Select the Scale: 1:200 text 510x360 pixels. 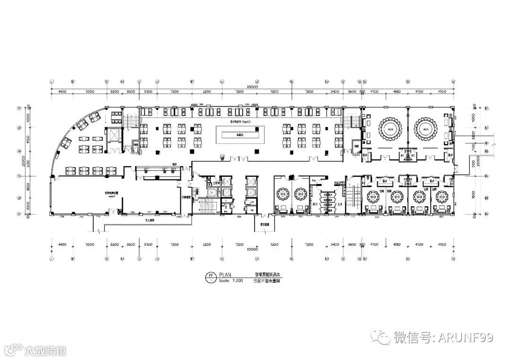click(x=231, y=280)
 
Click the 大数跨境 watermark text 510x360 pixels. click(x=45, y=351)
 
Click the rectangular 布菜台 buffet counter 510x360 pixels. click(x=244, y=134)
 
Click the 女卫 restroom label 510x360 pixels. click(x=340, y=204)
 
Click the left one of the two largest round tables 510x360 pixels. click(x=390, y=129)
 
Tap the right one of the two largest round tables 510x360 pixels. click(x=425, y=129)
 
